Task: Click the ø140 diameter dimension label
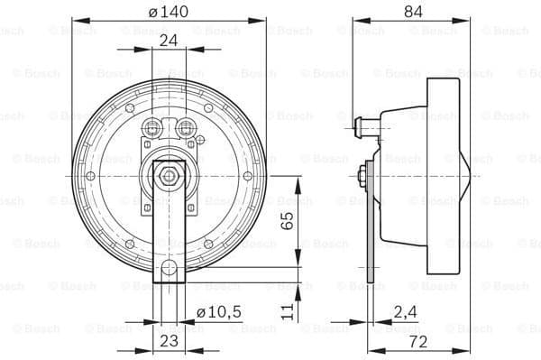pyautogui.click(x=169, y=11)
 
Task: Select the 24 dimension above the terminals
pyautogui.click(x=169, y=41)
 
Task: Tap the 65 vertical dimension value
pyautogui.click(x=288, y=221)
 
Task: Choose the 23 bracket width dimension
pyautogui.click(x=169, y=340)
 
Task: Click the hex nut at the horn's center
pyautogui.click(x=169, y=175)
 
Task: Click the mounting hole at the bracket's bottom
pyautogui.click(x=169, y=268)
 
